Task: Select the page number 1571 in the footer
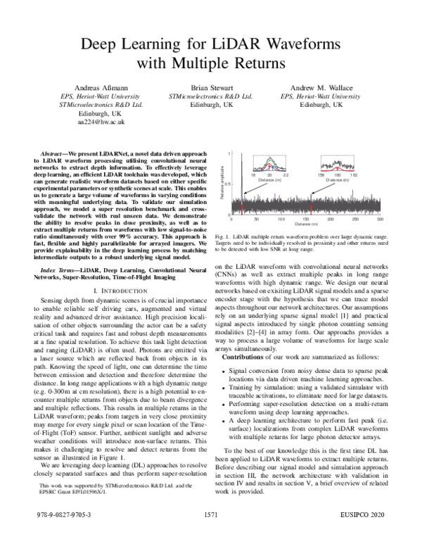pos(211,534)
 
